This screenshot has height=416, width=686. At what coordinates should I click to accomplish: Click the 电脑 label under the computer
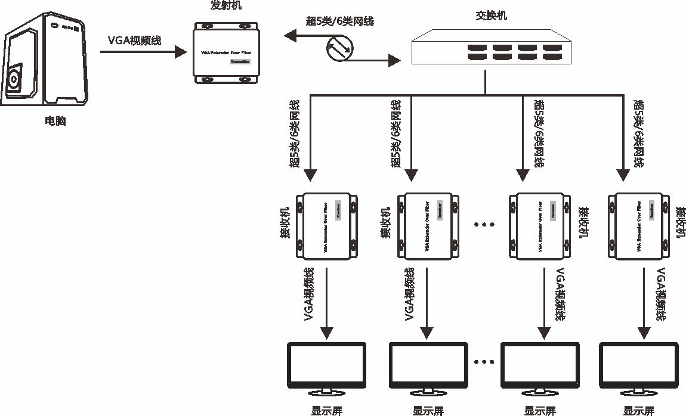tap(55, 121)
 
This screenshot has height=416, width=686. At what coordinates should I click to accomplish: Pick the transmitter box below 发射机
tap(225, 54)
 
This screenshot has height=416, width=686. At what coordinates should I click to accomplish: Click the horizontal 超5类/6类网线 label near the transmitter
tap(340, 21)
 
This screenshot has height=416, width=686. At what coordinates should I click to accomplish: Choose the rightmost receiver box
tap(640, 225)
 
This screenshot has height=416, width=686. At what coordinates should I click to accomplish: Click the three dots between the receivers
tap(484, 225)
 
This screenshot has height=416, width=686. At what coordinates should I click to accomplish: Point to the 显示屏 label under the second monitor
tap(428, 411)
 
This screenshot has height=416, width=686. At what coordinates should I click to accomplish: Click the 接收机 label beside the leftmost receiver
tap(286, 225)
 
